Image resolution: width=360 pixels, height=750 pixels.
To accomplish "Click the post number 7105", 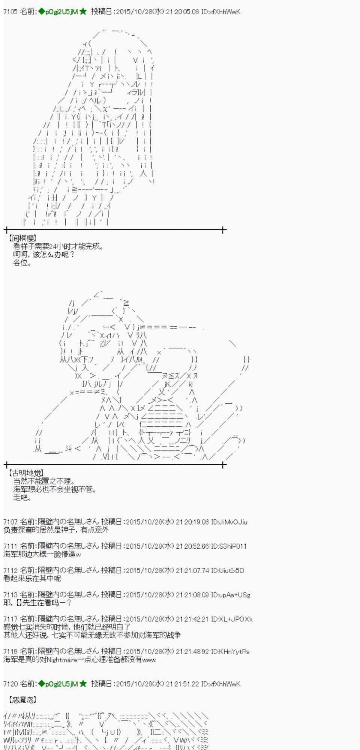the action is (10, 12).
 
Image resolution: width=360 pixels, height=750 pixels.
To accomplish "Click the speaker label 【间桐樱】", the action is (22, 238).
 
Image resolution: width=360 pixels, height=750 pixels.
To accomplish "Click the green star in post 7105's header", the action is (83, 12).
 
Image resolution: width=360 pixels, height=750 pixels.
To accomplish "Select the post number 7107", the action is (10, 522).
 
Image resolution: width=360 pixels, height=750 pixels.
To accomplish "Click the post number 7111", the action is (10, 546).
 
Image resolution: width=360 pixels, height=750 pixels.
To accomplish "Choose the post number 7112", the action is (10, 570).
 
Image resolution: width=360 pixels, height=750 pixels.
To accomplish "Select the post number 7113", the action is (10, 595).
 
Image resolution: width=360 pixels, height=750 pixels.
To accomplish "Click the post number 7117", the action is (10, 619).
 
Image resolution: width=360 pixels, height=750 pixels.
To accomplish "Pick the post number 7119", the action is (10, 651).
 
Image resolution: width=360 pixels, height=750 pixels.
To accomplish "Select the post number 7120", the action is (10, 684).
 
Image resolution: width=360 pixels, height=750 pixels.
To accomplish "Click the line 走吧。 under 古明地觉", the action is (22, 498).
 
